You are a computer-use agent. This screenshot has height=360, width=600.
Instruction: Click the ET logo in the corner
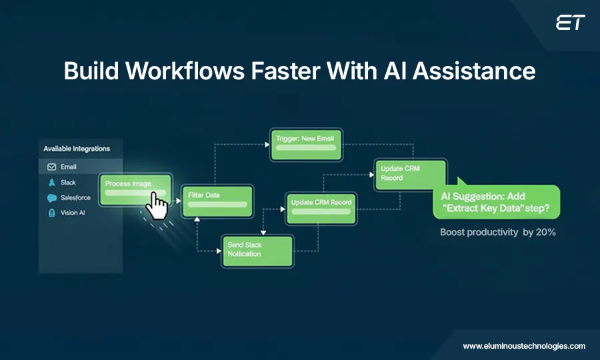570,23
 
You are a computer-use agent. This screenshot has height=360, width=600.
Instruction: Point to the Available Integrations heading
77,149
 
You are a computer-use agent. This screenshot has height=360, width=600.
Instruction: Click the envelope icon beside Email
51,167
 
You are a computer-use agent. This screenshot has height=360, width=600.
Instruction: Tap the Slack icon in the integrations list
51,182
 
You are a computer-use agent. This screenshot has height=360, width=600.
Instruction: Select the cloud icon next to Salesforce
51,198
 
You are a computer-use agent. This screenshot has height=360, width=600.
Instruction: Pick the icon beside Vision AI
51,213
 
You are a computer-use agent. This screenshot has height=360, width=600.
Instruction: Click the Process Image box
136,189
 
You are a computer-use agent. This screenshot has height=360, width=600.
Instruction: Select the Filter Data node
218,201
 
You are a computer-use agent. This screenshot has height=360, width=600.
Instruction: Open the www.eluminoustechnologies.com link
523,346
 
